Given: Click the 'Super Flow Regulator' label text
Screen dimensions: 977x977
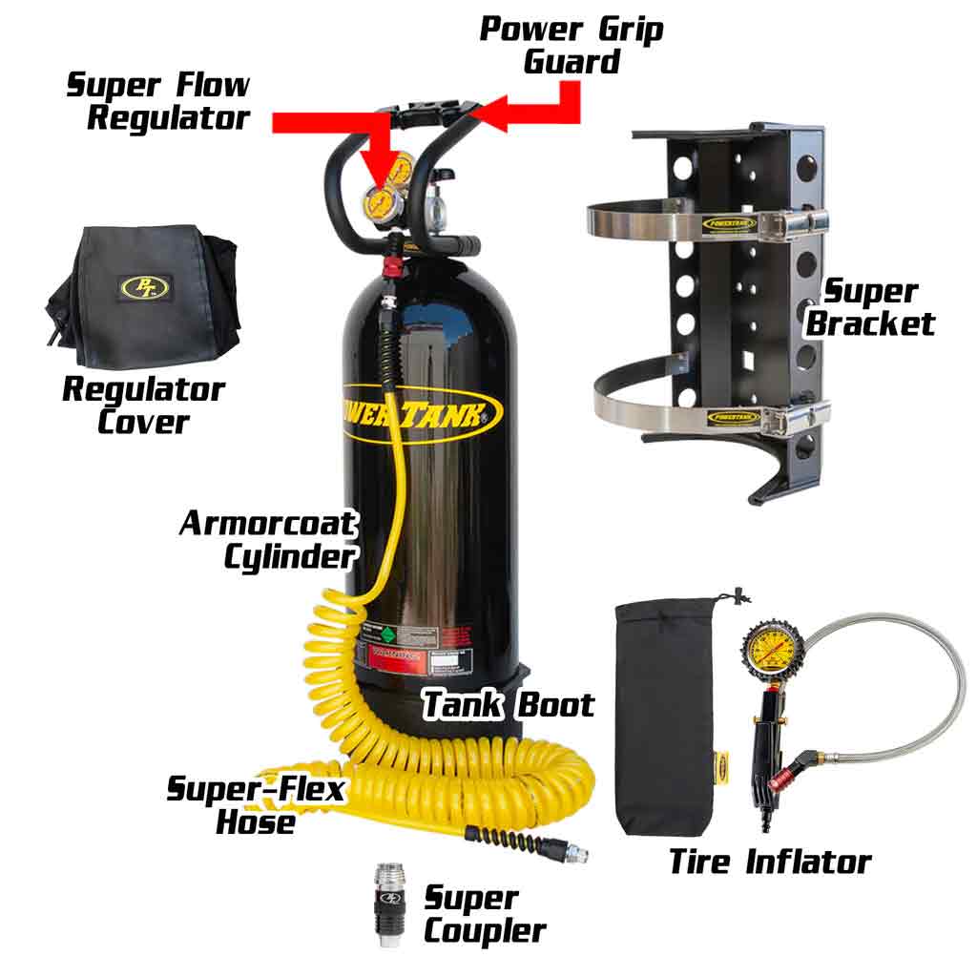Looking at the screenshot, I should (157, 101).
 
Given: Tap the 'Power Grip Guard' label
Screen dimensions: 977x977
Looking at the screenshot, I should (571, 44).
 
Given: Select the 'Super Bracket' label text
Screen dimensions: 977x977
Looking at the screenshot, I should (869, 307).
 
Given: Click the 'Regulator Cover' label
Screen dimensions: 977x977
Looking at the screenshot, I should (143, 405).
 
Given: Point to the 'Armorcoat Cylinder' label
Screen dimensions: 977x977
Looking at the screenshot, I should (269, 539).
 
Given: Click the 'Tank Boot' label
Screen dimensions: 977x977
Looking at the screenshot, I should (508, 704).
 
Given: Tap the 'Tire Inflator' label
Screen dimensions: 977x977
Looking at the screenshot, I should (769, 862).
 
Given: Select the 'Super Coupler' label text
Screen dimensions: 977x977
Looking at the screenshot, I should (483, 914).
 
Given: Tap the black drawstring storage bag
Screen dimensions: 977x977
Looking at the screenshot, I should (665, 716).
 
